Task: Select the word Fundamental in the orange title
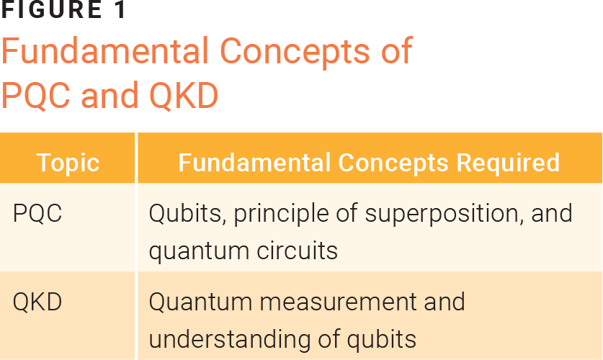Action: click(104, 52)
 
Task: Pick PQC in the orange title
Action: click(37, 95)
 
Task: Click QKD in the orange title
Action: click(183, 95)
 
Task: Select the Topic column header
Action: click(68, 162)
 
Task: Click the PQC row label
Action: click(37, 214)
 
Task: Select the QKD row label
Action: click(37, 302)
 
